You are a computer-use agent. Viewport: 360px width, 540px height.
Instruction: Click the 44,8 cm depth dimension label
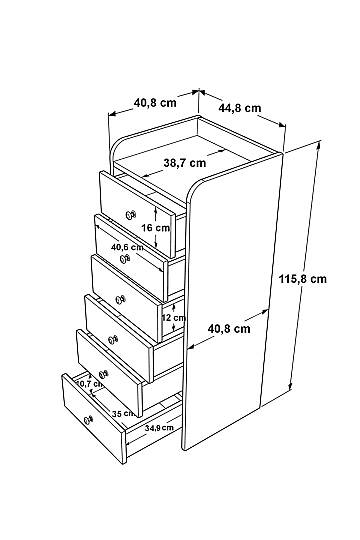point(240,108)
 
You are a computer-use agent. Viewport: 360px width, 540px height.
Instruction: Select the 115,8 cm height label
point(302,278)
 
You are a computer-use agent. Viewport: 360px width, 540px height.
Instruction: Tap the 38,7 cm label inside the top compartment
point(185,163)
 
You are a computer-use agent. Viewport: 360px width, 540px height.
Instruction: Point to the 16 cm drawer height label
point(155,228)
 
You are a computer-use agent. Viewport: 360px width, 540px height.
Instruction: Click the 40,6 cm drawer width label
point(127,247)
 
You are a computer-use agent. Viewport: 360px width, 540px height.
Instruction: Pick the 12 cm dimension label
point(174,318)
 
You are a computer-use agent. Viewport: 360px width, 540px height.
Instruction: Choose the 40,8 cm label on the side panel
point(229,329)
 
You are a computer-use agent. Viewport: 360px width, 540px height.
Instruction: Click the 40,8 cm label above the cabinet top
point(155,102)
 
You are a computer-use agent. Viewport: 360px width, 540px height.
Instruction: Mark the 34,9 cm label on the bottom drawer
point(159,428)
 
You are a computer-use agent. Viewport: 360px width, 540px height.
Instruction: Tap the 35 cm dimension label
point(123,414)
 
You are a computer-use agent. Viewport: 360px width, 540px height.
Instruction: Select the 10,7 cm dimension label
point(89,383)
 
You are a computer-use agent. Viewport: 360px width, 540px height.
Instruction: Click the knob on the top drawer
point(131,215)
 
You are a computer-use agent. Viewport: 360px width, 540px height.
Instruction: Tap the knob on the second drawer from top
point(125,258)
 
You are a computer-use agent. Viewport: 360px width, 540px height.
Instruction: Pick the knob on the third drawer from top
point(120,300)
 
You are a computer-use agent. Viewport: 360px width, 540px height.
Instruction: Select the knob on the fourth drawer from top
point(113,340)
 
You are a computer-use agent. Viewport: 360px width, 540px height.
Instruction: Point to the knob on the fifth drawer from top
point(103,374)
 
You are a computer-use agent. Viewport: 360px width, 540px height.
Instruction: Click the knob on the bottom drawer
point(89,419)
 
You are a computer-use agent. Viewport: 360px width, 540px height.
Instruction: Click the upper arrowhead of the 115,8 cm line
point(319,144)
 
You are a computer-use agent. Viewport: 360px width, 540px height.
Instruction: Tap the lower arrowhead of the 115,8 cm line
point(290,387)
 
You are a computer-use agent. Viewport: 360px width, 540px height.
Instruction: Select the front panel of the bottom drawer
point(94,419)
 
